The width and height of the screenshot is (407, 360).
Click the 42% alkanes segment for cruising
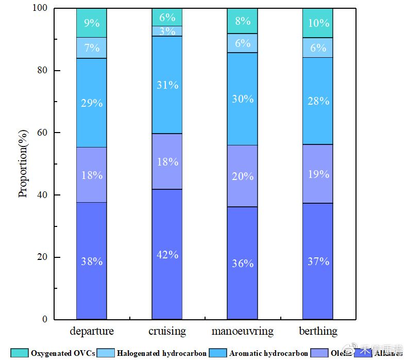[x=167, y=254]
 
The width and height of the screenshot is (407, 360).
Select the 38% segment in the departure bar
[x=92, y=260]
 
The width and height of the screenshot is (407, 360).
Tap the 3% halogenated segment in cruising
[x=167, y=31]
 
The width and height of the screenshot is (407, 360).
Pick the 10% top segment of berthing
[x=317, y=23]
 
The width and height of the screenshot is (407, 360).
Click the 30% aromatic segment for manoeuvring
[x=242, y=99]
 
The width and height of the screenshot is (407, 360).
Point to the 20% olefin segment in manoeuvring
[x=242, y=176]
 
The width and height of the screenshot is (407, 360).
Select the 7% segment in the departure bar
[x=92, y=48]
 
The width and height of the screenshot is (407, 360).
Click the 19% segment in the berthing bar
[x=317, y=174]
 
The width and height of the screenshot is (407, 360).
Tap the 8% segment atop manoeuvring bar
[x=242, y=21]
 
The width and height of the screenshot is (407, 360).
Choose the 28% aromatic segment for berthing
[x=317, y=101]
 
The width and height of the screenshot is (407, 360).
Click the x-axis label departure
[x=92, y=331]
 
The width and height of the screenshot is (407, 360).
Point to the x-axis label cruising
[x=167, y=331]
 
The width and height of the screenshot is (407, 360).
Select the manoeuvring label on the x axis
[x=242, y=331]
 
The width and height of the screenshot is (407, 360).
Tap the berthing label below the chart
[x=317, y=331]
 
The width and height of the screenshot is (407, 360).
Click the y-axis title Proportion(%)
[x=23, y=164]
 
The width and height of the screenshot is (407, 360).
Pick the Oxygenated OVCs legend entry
[x=54, y=353]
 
